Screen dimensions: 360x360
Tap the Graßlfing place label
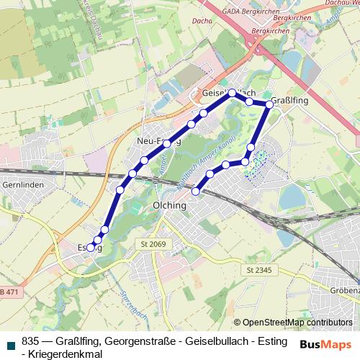(292, 102)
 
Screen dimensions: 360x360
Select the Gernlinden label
(24, 185)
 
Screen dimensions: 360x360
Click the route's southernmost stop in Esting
(91, 248)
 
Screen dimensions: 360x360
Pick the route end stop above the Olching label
(196, 191)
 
